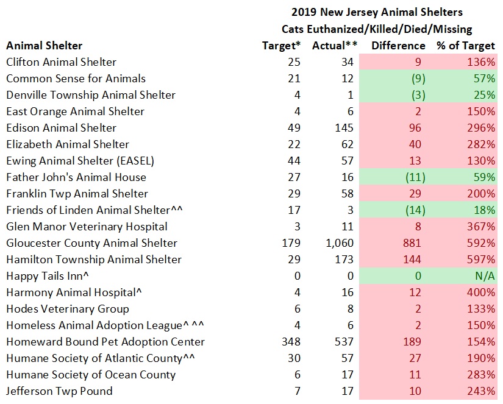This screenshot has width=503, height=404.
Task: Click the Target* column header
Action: tap(281, 46)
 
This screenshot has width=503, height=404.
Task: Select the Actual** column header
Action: tap(334, 46)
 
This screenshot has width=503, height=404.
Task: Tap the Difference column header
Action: tap(398, 46)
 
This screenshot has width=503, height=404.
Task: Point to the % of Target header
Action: tap(465, 46)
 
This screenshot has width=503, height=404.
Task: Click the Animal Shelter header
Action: tap(44, 46)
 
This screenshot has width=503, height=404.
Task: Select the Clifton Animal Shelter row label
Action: tap(61, 62)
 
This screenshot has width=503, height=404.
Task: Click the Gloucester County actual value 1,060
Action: tap(339, 243)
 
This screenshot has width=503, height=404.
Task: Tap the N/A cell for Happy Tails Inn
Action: tap(484, 276)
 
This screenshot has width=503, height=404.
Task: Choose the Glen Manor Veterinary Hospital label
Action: tap(87, 227)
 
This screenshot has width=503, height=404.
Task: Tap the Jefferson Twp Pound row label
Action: tap(59, 391)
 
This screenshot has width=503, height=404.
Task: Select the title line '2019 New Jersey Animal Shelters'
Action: tap(377, 12)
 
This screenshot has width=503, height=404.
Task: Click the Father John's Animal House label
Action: tap(76, 177)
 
